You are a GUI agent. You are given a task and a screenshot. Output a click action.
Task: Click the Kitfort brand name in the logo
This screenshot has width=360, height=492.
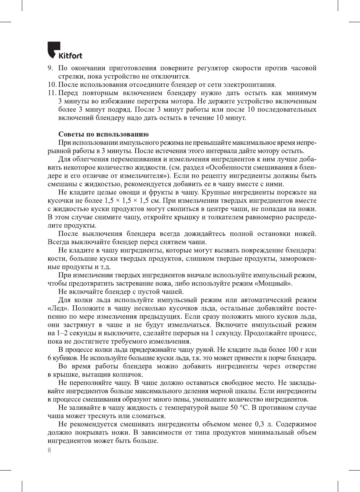(x=70, y=56)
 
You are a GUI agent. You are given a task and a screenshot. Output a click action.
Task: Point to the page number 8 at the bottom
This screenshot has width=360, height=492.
(x=49, y=450)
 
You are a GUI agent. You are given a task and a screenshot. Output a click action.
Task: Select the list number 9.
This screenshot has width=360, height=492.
(x=50, y=68)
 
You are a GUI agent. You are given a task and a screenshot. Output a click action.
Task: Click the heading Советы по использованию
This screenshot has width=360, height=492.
(x=103, y=134)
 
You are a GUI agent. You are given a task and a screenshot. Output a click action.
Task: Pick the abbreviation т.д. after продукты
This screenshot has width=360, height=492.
(x=105, y=267)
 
